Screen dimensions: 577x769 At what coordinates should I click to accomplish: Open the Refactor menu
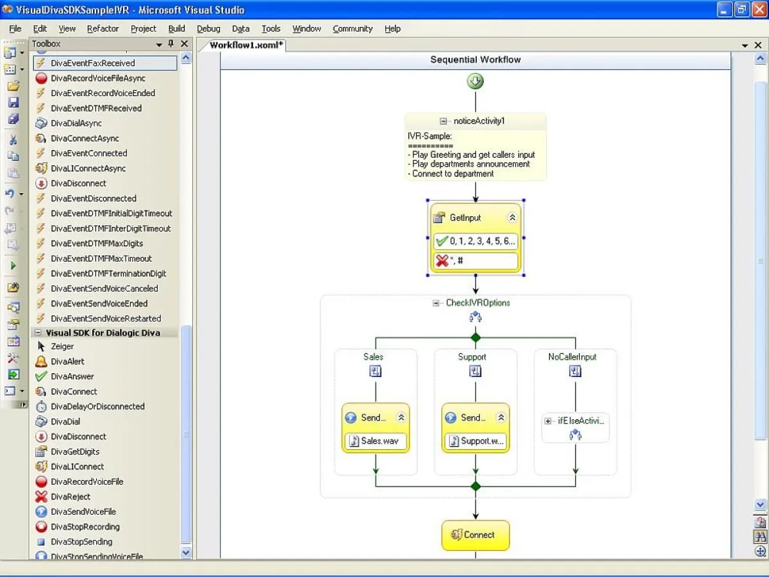point(103,28)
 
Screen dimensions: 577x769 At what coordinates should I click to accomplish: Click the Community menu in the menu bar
point(352,28)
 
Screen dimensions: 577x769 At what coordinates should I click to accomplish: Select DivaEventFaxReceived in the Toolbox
point(93,63)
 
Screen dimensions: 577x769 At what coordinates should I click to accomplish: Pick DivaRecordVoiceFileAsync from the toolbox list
point(97,78)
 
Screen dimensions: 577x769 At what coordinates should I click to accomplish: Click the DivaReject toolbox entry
point(70,496)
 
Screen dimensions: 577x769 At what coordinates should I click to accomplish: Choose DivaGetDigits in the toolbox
point(75,451)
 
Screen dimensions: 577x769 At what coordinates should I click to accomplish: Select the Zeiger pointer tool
point(62,346)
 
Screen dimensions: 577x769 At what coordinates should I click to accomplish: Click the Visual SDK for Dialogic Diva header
point(103,333)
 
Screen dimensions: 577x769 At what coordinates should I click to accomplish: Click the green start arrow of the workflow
point(475,81)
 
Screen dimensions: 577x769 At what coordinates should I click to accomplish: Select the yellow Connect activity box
point(475,535)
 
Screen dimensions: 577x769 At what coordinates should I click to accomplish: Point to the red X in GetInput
point(442,261)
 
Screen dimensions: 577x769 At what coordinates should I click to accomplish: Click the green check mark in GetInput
point(442,242)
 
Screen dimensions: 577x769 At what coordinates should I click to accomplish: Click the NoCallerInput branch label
point(572,356)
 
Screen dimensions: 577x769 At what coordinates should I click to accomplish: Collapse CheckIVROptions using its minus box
point(436,303)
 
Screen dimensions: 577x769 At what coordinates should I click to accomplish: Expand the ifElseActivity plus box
point(548,421)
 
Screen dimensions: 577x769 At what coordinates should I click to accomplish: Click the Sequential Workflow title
point(475,60)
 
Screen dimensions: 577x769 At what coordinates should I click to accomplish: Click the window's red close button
point(759,10)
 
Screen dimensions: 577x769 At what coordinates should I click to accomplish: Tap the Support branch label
point(472,356)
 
